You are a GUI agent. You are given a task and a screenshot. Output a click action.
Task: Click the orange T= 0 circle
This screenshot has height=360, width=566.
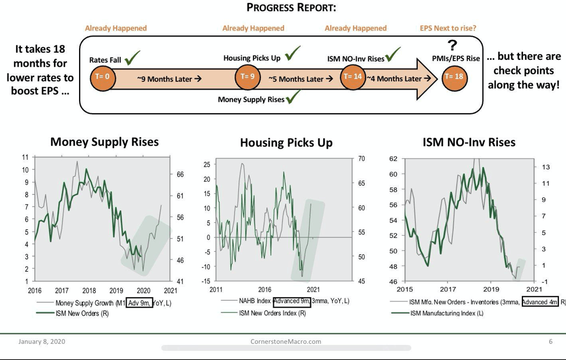coord(103,77)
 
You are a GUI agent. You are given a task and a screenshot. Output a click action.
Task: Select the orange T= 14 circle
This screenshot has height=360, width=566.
coord(352,77)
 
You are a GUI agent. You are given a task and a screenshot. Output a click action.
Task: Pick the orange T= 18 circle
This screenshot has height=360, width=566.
coord(454,77)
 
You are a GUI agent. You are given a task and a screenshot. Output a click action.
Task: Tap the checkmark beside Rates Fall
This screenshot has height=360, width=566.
coord(132,57)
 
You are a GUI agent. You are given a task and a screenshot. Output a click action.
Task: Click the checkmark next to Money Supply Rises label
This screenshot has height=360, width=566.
coord(293,98)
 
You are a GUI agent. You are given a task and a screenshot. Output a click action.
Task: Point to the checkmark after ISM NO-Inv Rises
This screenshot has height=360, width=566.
coord(393,55)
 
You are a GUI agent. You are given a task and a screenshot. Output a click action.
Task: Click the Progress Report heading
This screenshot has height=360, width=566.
coord(291,8)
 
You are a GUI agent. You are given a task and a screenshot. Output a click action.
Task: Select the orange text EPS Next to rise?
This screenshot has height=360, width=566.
coord(448,28)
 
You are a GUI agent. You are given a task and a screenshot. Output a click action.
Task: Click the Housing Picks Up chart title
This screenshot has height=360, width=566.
coord(286,142)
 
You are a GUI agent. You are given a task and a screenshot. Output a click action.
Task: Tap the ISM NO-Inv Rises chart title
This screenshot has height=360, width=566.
coord(469,142)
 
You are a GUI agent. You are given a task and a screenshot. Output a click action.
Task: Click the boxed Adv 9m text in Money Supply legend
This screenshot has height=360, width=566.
coord(139,303)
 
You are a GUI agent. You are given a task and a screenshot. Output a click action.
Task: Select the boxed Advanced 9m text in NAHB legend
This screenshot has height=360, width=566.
coord(291,301)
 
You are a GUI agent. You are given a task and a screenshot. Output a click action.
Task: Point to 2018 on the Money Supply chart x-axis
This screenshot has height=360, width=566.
coord(89,290)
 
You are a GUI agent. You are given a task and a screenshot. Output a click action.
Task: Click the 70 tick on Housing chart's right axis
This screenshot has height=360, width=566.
coord(361,159)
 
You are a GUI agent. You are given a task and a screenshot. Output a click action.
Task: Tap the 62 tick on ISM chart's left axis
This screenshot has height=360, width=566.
coord(393,159)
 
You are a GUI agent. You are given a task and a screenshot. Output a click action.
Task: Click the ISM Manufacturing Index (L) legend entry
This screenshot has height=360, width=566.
coord(447,313)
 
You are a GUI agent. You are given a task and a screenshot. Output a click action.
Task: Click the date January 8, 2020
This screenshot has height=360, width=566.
coord(42,341)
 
